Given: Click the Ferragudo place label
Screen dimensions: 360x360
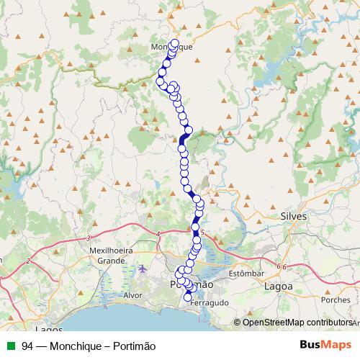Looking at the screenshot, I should pyautogui.click(x=210, y=304).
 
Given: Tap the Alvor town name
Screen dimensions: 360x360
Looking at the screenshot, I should pyautogui.click(x=135, y=295).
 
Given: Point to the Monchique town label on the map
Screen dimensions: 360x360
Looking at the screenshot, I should pyautogui.click(x=172, y=47).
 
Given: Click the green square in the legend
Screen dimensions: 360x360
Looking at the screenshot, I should pyautogui.click(x=9, y=345).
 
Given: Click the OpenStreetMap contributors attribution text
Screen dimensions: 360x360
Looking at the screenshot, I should pyautogui.click(x=297, y=322).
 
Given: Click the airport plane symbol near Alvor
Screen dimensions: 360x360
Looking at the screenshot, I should pyautogui.click(x=142, y=269).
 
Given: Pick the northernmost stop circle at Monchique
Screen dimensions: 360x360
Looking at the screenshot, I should pyautogui.click(x=175, y=43).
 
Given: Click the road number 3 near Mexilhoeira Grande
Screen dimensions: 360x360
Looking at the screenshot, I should pyautogui.click(x=87, y=238).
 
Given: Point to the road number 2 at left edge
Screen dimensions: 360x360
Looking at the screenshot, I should pyautogui.click(x=27, y=261).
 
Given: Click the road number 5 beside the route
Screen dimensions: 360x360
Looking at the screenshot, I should pyautogui.click(x=203, y=233).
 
